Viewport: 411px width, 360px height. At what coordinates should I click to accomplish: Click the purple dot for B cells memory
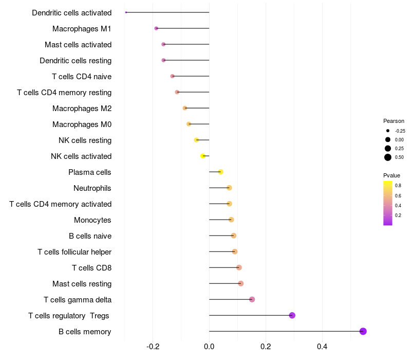tap(363, 331)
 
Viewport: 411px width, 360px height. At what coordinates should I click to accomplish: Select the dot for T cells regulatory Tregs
tap(292, 315)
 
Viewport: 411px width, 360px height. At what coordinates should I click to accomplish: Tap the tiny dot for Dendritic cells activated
tap(126, 12)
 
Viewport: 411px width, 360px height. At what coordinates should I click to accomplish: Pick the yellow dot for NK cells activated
tap(202, 156)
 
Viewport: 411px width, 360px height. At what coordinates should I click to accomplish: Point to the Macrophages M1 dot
tap(156, 28)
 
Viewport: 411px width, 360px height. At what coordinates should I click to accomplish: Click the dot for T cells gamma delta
tap(252, 299)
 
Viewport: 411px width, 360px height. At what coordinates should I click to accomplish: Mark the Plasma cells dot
tap(220, 172)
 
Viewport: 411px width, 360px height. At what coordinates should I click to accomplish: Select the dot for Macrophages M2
tap(185, 108)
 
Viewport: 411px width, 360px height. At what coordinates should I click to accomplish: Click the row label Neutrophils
tap(92, 188)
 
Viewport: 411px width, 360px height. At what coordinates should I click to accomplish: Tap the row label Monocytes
tap(92, 220)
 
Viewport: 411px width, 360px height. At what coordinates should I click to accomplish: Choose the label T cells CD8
tap(92, 267)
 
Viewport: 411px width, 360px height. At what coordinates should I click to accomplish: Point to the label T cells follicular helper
tap(74, 252)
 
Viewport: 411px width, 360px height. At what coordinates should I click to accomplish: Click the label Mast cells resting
tap(82, 284)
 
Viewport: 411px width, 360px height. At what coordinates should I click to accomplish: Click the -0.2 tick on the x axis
tap(153, 347)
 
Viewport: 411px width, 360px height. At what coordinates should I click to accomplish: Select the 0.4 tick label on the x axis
tap(322, 347)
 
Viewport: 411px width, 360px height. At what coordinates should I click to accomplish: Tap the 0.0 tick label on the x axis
tap(209, 347)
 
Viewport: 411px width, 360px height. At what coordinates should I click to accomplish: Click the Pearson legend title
tap(394, 121)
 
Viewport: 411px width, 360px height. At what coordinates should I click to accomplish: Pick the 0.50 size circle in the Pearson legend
tap(388, 157)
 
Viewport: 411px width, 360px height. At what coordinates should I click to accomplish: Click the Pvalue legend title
tap(391, 175)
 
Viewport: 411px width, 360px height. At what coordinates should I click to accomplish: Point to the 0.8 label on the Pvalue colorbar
tap(398, 186)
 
